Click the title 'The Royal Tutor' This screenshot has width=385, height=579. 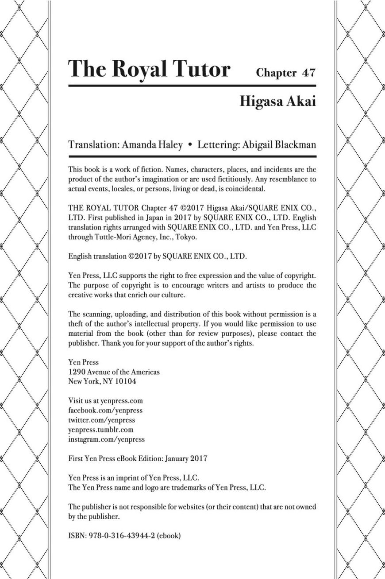(x=150, y=70)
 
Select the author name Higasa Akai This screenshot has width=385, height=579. (x=277, y=101)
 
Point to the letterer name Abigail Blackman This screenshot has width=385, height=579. (x=280, y=145)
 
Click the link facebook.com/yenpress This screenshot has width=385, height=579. (x=105, y=410)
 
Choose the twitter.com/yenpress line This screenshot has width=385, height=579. (x=102, y=420)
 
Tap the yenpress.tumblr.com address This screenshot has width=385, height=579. (x=101, y=430)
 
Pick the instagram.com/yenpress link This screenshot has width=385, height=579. (x=107, y=439)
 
